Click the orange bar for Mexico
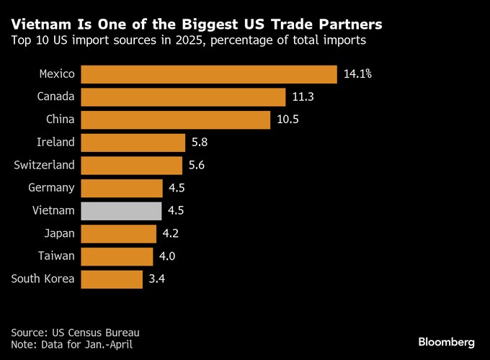tap(209, 74)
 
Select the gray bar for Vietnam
tap(121, 210)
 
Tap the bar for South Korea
tap(112, 279)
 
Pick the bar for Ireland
tap(133, 143)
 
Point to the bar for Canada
tap(183, 97)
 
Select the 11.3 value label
tap(304, 97)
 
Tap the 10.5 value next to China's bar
tap(288, 120)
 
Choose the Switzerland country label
tap(44, 165)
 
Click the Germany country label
tap(51, 188)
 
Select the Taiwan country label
tap(56, 256)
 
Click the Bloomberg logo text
tap(446, 340)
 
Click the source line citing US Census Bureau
tap(75, 333)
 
